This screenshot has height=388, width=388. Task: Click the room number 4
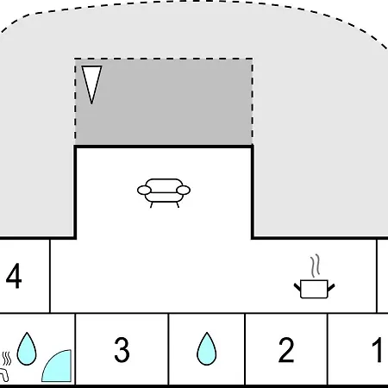[14, 276]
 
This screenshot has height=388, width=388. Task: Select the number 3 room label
[122, 349]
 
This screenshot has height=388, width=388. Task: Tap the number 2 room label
[286, 349]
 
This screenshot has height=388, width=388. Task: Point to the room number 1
[377, 349]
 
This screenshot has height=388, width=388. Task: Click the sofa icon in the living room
[164, 192]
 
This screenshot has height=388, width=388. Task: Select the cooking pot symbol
[314, 289]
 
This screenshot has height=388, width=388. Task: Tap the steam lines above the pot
[316, 266]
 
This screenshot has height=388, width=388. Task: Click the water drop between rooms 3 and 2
[206, 349]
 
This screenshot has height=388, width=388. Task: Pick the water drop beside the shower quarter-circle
[27, 349]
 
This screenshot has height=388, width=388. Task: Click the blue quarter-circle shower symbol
[59, 368]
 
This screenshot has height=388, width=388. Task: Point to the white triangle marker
[91, 82]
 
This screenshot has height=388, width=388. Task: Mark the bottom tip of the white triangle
[91, 103]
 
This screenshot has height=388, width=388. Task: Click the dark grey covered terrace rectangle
[164, 102]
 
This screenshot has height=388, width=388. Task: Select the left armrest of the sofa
[144, 191]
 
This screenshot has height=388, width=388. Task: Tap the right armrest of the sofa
[184, 191]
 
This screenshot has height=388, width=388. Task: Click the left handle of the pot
[297, 287]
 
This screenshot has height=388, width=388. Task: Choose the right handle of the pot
[331, 287]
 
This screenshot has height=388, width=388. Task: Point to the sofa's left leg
[151, 204]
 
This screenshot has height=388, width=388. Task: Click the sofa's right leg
[178, 204]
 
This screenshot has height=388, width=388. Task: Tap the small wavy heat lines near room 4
[6, 359]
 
